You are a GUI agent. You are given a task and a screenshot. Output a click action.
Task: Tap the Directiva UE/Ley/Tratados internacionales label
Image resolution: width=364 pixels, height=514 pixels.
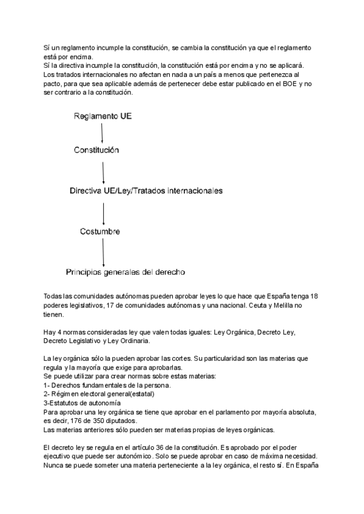tap(146, 190)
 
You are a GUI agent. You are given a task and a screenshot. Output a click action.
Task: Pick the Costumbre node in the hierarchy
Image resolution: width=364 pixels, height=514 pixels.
tap(100, 231)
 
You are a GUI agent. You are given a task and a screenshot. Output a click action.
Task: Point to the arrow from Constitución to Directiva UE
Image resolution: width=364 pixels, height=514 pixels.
tap(104, 169)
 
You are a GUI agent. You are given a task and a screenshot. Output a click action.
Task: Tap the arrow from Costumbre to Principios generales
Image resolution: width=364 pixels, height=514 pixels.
tap(104, 251)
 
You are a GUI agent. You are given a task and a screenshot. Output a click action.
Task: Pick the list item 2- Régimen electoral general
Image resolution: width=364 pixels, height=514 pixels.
tap(99, 394)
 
